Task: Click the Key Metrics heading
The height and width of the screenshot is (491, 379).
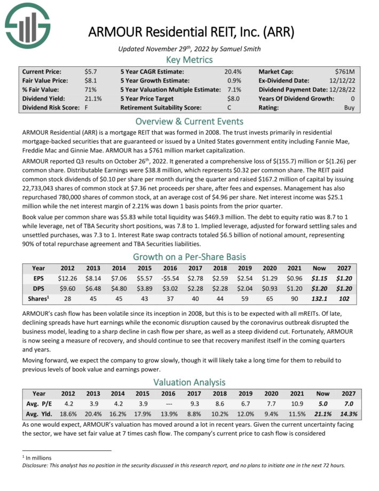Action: coord(189,59)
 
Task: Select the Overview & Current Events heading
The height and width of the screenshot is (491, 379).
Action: coord(189,121)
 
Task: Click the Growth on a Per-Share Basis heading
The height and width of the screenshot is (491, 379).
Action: coord(189,255)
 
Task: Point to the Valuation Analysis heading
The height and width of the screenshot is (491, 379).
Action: coord(189,382)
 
